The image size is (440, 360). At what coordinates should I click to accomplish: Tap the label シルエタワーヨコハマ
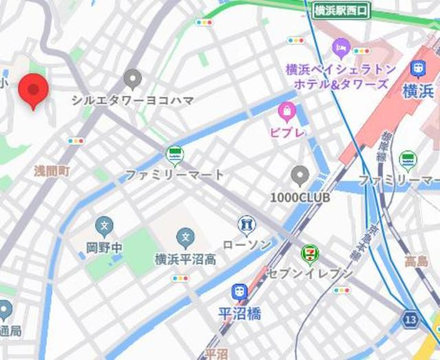point(133,100)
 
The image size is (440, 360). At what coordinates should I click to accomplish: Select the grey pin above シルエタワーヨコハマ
point(133,78)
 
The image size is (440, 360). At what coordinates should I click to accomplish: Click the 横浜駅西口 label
point(342,10)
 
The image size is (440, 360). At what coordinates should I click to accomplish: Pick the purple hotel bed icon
point(341,47)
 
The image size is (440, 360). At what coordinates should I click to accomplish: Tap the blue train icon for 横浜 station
point(417,69)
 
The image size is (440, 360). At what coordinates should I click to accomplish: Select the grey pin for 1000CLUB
point(299,176)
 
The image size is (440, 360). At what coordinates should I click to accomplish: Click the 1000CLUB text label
point(300,197)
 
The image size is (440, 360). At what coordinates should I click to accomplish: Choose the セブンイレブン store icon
point(310,254)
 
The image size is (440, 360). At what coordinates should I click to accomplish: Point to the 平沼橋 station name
point(240,314)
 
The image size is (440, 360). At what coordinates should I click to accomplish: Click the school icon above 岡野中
point(104,225)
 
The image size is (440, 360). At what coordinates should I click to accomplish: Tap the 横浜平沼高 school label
point(185,260)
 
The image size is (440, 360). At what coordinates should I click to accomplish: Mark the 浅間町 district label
point(52,171)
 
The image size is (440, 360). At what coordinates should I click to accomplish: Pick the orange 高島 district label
point(416,261)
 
